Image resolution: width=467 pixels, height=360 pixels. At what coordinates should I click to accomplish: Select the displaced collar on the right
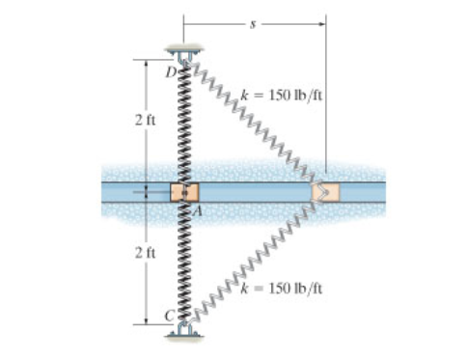pos(324,192)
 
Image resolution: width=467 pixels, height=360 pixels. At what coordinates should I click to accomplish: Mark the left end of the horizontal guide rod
pos(104,191)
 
